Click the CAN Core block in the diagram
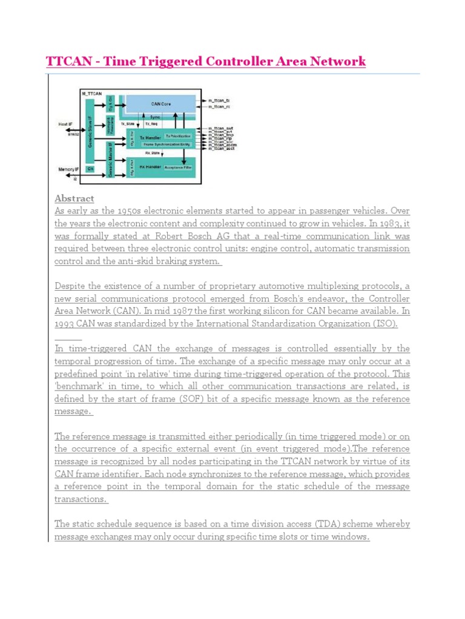point(160,104)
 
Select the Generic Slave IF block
point(90,129)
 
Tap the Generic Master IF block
point(110,158)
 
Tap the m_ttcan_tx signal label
point(219,100)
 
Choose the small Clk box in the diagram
point(90,170)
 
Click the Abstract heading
point(74,198)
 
